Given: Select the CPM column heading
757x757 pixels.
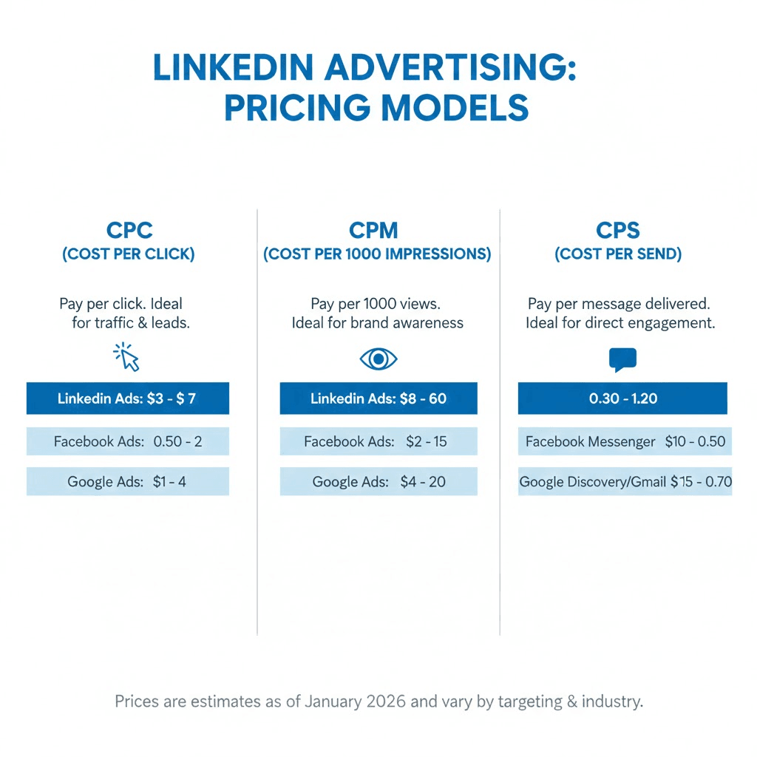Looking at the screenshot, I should [377, 231].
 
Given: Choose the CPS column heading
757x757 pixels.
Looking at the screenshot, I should [617, 231].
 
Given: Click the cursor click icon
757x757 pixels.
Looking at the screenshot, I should [127, 357].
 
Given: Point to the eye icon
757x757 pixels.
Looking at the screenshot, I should [378, 359].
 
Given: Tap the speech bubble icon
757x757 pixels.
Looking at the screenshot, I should [622, 360].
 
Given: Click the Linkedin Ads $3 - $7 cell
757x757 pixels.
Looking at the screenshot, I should [128, 398].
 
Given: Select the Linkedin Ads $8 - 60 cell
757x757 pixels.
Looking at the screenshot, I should [378, 398].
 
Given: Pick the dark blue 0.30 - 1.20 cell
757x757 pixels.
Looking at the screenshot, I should [622, 398].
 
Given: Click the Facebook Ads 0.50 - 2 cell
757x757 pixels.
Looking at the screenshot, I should [128, 441].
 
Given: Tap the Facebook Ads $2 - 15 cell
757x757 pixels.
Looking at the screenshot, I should [378, 441].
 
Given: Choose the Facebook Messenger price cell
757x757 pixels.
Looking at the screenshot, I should [625, 441].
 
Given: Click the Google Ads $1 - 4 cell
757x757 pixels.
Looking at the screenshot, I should [128, 481].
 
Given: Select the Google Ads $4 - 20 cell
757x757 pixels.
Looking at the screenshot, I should [378, 481].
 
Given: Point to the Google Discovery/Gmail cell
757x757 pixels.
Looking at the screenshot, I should [625, 481].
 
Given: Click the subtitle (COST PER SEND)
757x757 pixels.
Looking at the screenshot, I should [618, 254].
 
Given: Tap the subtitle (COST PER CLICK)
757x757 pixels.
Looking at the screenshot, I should [129, 254].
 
